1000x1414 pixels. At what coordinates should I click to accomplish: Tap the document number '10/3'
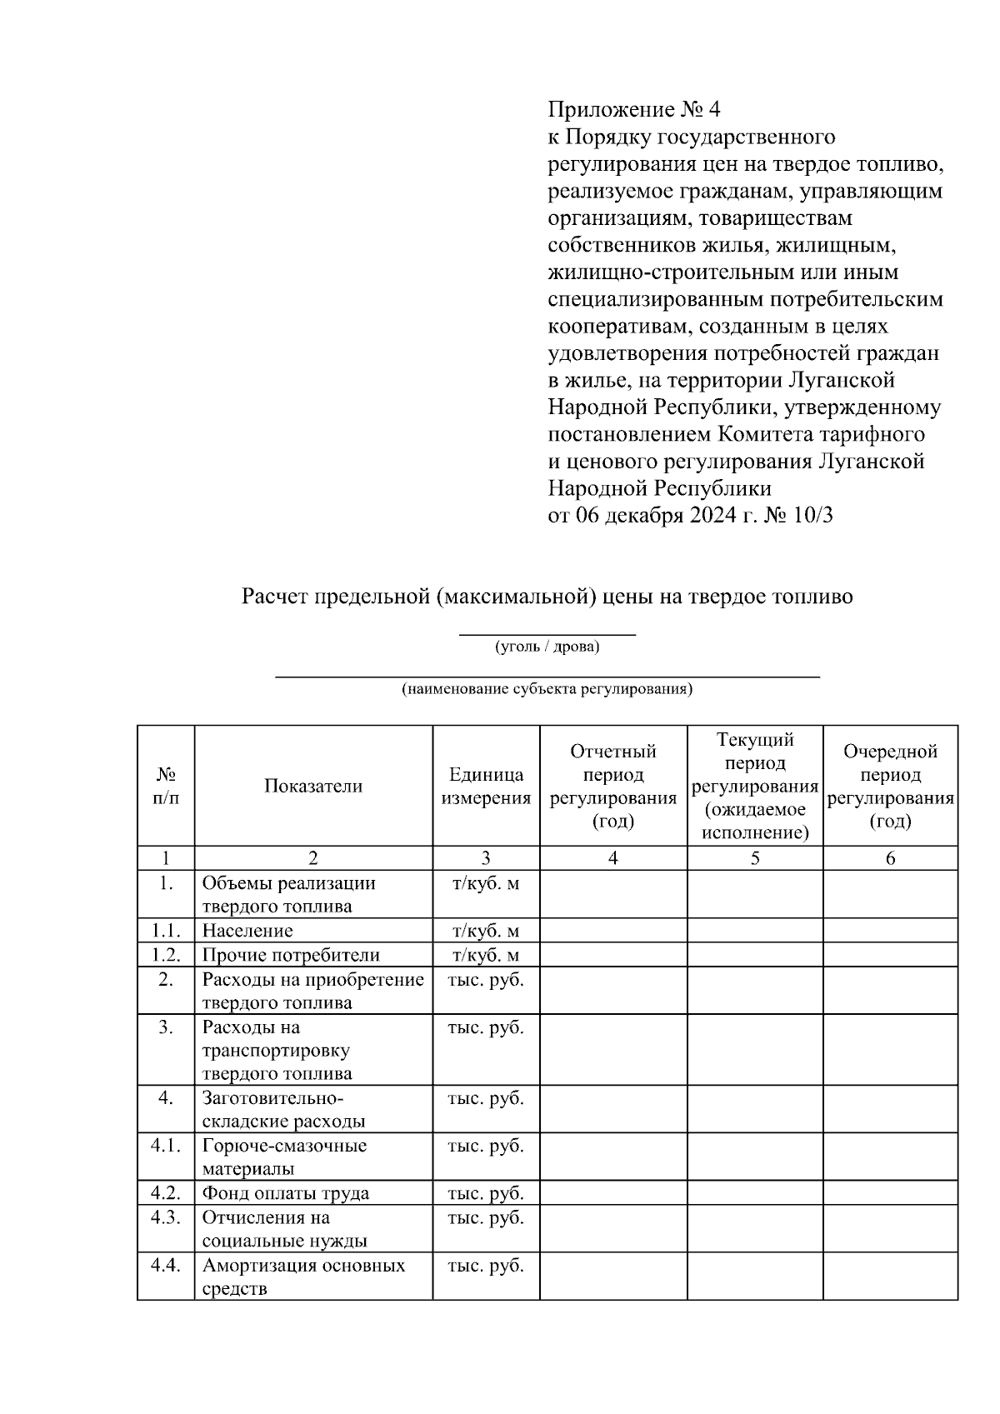point(814,516)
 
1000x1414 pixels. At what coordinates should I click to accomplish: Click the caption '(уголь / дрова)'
point(547,647)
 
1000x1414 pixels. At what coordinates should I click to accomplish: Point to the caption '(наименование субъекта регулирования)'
point(547,690)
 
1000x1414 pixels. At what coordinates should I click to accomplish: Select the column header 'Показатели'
point(313,786)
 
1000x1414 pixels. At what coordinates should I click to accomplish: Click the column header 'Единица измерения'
point(486,786)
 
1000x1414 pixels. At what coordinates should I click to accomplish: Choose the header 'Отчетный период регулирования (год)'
point(613,786)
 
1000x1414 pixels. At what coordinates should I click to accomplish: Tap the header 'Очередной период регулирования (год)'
point(890,786)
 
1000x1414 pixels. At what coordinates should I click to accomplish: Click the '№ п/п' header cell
point(166,786)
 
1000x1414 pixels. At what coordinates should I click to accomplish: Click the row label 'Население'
point(247,931)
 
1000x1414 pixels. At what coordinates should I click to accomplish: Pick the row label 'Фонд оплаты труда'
point(286,1193)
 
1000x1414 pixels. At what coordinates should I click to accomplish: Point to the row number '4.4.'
point(166,1266)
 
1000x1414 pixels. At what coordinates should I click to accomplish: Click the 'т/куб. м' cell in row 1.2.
point(486,955)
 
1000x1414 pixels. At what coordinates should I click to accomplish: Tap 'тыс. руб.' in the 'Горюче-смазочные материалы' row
point(486,1146)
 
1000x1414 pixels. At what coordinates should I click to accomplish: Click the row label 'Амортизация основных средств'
point(303,1277)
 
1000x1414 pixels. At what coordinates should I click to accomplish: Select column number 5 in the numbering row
point(755,858)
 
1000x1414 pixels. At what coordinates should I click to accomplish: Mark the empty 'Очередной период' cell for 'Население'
point(890,931)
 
